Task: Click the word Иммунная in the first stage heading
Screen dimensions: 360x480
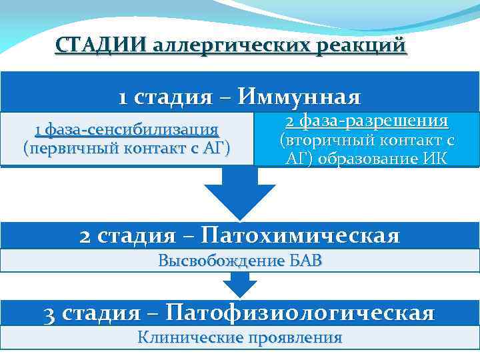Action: click(300, 98)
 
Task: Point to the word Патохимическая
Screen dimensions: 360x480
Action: click(300, 235)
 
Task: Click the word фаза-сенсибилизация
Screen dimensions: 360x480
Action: click(131, 129)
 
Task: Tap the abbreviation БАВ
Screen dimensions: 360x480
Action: click(304, 261)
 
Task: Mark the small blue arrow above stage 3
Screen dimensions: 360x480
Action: click(239, 285)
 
